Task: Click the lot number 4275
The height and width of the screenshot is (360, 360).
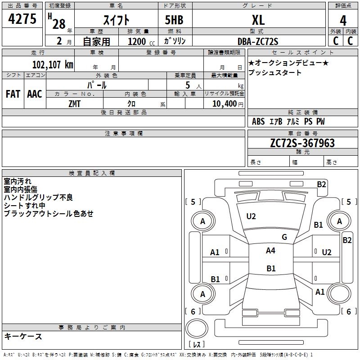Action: click(22, 19)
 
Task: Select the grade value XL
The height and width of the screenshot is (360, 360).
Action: click(258, 20)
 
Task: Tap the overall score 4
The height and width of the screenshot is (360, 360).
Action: click(343, 21)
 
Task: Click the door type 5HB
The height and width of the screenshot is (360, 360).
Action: click(174, 20)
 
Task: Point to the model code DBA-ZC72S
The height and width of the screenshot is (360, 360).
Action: click(258, 41)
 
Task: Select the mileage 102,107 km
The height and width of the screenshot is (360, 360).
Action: click(53, 64)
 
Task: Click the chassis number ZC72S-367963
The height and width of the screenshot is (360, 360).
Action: click(302, 143)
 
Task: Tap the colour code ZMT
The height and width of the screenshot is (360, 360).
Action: click(74, 104)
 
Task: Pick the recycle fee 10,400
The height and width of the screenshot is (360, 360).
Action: click(224, 104)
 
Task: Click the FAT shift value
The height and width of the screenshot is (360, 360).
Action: click(13, 94)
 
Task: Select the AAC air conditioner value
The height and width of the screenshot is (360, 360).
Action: click(35, 94)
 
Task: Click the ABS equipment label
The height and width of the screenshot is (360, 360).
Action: click(258, 121)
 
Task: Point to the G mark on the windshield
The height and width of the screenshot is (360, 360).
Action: click(284, 237)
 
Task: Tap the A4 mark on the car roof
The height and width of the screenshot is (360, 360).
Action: click(270, 251)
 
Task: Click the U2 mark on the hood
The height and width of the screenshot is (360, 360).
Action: click(251, 216)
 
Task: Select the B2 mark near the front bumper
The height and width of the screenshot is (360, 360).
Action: click(321, 184)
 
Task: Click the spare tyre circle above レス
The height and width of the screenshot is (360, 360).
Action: click(197, 328)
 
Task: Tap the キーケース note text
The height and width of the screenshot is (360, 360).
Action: click(23, 336)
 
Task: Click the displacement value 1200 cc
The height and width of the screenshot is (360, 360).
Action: click(141, 41)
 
